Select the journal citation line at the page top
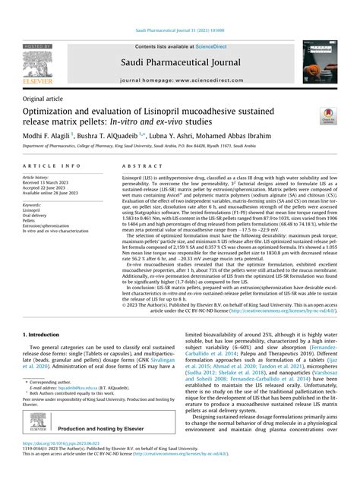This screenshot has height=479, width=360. pos(180,8)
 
